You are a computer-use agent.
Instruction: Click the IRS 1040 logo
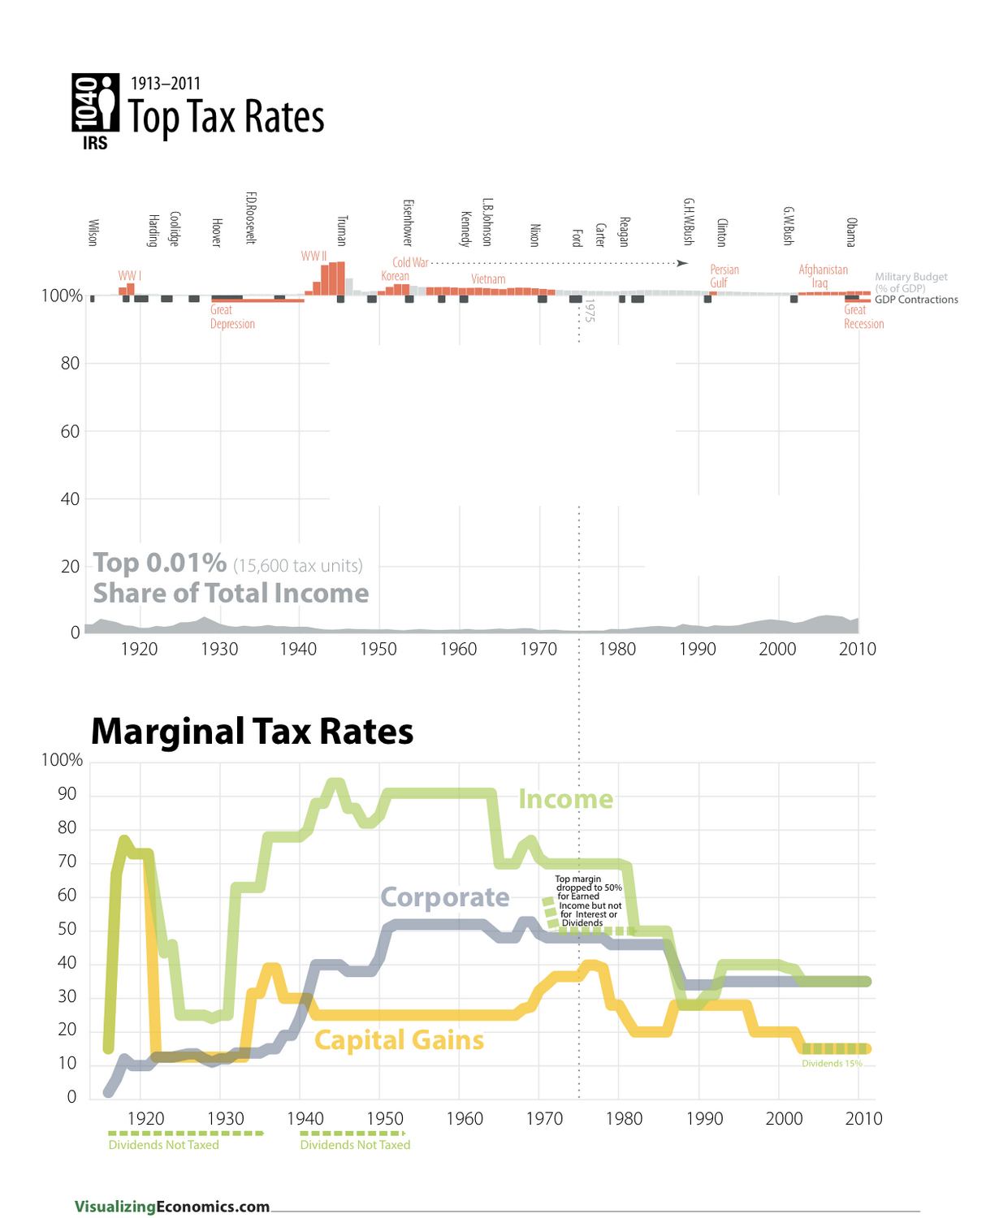point(95,111)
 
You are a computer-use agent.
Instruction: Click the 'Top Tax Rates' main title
point(226,117)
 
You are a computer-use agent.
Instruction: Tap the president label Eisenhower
point(408,222)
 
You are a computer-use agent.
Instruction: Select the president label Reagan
point(624,231)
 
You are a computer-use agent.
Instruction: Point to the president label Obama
point(850,232)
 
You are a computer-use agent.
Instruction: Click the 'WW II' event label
point(314,256)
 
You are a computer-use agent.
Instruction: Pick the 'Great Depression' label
point(232,317)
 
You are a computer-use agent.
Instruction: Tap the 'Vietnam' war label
point(488,279)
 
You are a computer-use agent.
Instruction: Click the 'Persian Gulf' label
point(724,276)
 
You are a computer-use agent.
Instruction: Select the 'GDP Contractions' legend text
point(916,300)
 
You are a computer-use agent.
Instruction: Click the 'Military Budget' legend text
point(910,277)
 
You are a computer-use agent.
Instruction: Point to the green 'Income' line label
point(565,799)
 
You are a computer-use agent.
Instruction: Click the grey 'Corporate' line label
point(445,897)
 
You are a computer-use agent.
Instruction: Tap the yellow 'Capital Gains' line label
point(399,1040)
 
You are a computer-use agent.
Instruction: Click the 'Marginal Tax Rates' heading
point(252,731)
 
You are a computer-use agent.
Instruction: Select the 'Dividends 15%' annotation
point(832,1064)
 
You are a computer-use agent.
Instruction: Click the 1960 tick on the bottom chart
point(465,1118)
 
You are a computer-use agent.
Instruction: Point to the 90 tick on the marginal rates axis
point(67,794)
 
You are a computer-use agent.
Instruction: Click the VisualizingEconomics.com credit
point(172,1207)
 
